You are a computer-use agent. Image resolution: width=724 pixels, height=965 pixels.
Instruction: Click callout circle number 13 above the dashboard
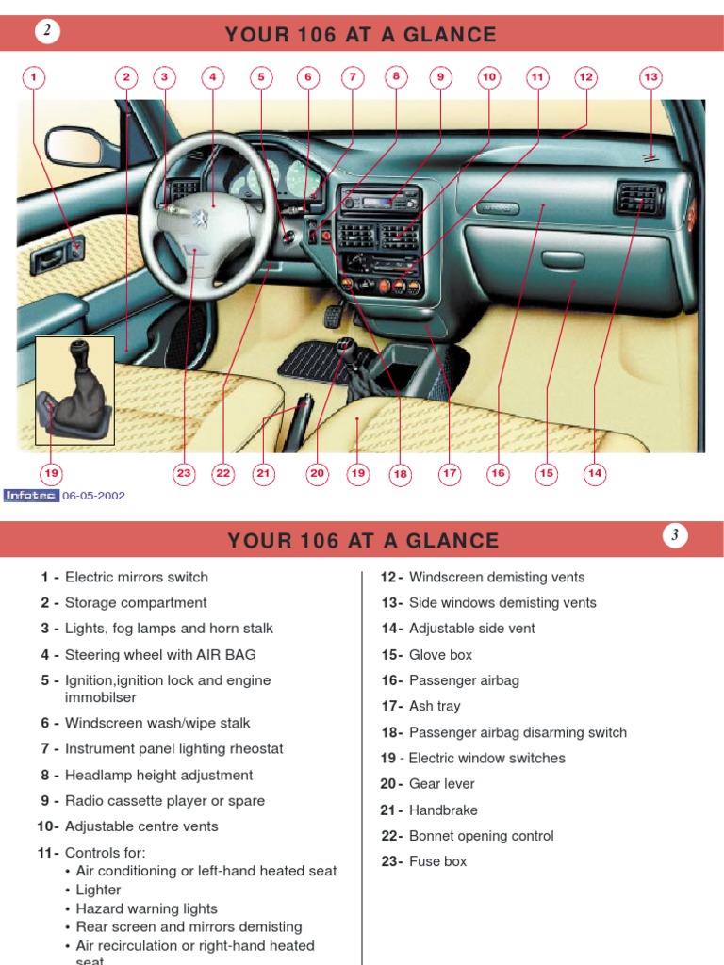pyautogui.click(x=650, y=77)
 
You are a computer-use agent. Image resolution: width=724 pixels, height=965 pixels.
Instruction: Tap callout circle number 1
pyautogui.click(x=33, y=77)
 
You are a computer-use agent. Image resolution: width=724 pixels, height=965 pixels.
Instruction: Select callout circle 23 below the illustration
pyautogui.click(x=184, y=473)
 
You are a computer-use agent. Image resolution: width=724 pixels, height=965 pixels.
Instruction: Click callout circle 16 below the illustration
pyautogui.click(x=498, y=473)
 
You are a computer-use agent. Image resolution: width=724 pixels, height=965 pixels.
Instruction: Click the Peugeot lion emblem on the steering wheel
pyautogui.click(x=200, y=217)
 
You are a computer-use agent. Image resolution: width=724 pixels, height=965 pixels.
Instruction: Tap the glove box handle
pyautogui.click(x=562, y=259)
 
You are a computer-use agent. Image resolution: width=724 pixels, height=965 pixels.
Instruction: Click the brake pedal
pyautogui.click(x=335, y=315)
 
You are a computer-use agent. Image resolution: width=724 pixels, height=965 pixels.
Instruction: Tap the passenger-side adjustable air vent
pyautogui.click(x=640, y=198)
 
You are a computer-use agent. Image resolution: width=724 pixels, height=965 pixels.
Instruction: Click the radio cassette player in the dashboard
pyautogui.click(x=381, y=200)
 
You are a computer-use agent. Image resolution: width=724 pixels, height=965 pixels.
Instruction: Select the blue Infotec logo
pyautogui.click(x=31, y=496)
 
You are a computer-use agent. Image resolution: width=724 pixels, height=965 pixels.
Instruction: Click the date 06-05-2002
pyautogui.click(x=93, y=496)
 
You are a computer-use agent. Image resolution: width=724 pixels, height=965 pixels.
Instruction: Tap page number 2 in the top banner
pyautogui.click(x=47, y=29)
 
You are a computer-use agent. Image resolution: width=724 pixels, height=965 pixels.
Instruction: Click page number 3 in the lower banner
pyautogui.click(x=675, y=535)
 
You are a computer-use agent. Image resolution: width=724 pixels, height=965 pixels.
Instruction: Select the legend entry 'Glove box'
pyautogui.click(x=440, y=654)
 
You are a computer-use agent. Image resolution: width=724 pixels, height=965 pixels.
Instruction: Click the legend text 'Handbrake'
pyautogui.click(x=443, y=810)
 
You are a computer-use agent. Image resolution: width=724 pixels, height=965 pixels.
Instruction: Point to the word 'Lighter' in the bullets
pyautogui.click(x=98, y=890)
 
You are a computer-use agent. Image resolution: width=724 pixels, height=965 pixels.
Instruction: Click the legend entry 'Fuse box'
pyautogui.click(x=437, y=861)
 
